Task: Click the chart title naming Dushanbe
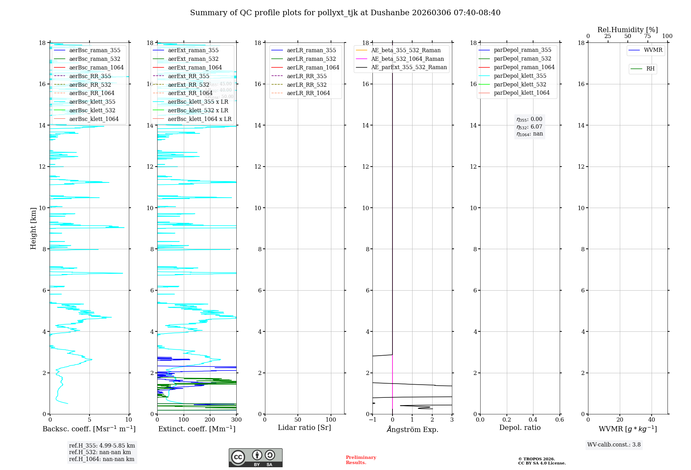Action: [345, 13]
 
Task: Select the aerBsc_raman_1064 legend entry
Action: [96, 67]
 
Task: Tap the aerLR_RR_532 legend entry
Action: [306, 85]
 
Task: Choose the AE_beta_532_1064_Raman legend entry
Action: [407, 59]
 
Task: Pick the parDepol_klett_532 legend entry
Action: [520, 84]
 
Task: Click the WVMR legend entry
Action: [653, 50]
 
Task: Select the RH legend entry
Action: [650, 69]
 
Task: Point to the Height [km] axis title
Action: [33, 228]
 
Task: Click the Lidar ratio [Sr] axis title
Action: [304, 428]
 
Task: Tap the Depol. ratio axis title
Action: [520, 428]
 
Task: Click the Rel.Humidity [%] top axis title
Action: [627, 30]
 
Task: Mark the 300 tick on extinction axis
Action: [236, 420]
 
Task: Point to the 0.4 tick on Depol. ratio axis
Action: [533, 420]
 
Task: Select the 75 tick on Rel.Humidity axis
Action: [647, 36]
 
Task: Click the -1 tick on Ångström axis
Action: [372, 420]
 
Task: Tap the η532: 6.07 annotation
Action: [529, 127]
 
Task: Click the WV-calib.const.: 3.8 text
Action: [614, 445]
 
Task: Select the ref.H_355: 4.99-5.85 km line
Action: [102, 446]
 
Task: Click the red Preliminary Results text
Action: [361, 460]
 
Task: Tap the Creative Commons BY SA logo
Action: [255, 458]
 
